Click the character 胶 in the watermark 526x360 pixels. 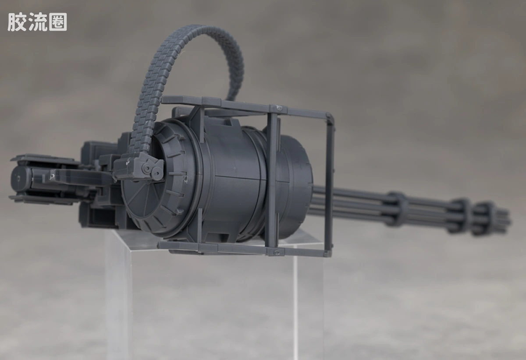(17, 22)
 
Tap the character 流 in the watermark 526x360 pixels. (37, 22)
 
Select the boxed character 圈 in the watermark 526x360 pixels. (57, 22)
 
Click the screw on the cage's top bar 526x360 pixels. (279, 108)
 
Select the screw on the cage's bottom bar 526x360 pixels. (277, 253)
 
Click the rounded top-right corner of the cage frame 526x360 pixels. (331, 116)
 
